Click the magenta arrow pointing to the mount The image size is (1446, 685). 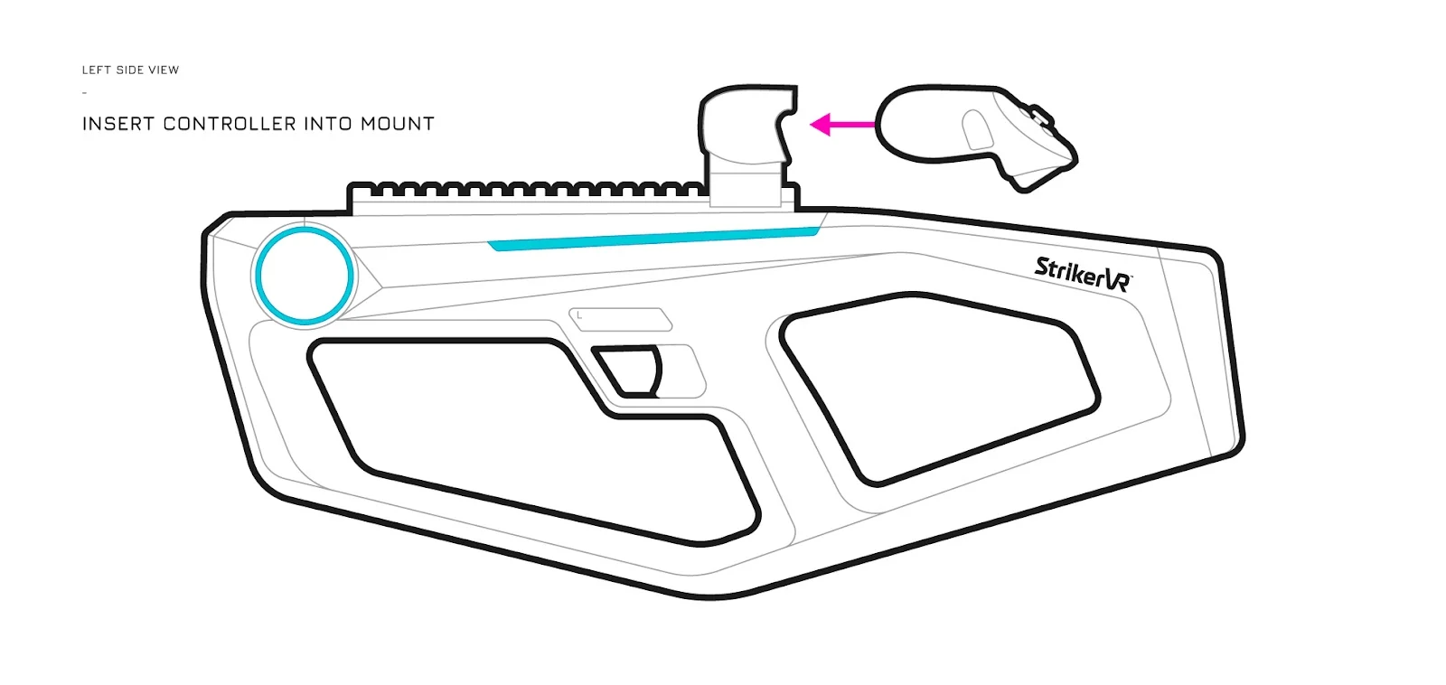[x=842, y=124]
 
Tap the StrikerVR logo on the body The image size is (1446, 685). [x=1084, y=275]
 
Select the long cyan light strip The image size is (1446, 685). [x=653, y=239]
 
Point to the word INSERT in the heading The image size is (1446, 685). [x=118, y=124]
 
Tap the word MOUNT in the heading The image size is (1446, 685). [x=398, y=124]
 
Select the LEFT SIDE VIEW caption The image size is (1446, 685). [x=130, y=70]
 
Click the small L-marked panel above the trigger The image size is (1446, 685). [x=620, y=319]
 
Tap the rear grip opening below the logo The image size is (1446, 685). [x=939, y=388]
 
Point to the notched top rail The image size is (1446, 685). [x=526, y=190]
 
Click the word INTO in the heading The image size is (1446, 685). [x=328, y=124]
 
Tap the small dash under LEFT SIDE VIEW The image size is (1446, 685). [x=85, y=93]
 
